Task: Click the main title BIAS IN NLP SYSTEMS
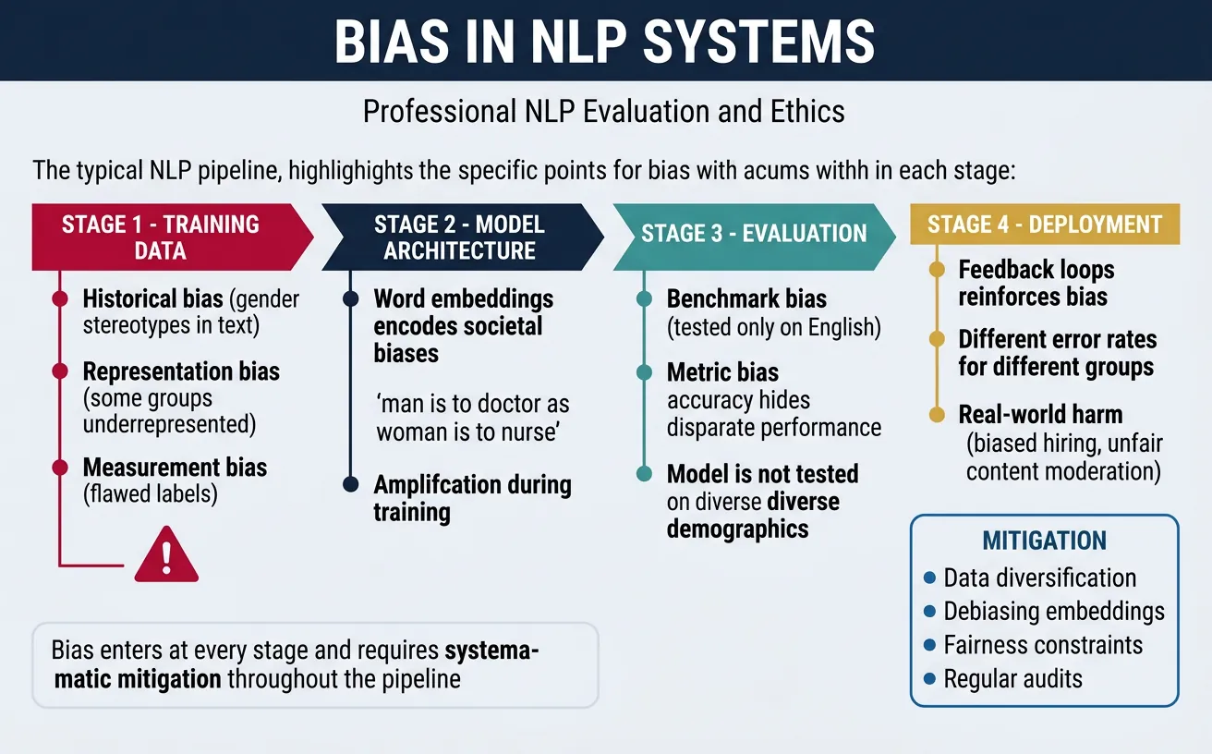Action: tap(605, 42)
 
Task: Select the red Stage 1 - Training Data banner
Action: tap(161, 237)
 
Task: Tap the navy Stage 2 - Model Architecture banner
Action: tap(459, 237)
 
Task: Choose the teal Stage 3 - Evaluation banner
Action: tap(754, 233)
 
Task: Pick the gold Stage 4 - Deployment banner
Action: tap(1044, 225)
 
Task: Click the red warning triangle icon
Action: tap(166, 554)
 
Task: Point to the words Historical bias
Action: tap(152, 298)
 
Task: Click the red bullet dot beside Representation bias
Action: tap(60, 371)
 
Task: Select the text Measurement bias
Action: tap(175, 468)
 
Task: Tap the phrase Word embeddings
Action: tap(463, 298)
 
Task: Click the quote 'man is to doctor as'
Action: tap(471, 405)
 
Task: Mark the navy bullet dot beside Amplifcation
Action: tap(350, 484)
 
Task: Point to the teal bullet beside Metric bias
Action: tap(645, 372)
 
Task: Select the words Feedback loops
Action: tap(1036, 270)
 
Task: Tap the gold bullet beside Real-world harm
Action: tap(936, 414)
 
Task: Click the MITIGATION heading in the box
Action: tap(1044, 541)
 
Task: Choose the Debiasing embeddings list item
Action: tap(1053, 612)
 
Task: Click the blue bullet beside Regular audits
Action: tap(929, 679)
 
